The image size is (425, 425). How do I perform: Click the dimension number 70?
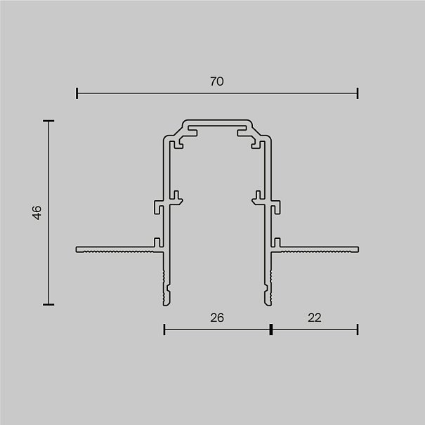click(217, 81)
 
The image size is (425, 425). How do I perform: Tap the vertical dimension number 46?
click(37, 212)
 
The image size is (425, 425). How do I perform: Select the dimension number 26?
click(217, 318)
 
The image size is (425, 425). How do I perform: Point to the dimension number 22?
click(315, 318)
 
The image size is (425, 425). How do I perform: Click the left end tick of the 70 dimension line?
click(77, 93)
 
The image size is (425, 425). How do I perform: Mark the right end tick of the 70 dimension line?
click(358, 93)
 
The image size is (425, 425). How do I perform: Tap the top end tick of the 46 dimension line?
click(48, 121)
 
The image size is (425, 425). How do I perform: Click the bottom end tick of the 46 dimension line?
click(48, 305)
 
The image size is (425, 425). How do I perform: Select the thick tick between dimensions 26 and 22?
click(271, 329)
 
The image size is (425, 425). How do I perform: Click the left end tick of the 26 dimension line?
click(164, 329)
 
